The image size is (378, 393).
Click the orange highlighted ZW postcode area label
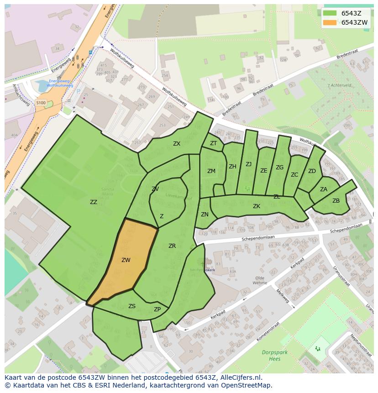[x=126, y=260]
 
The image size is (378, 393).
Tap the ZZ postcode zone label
[x=94, y=202]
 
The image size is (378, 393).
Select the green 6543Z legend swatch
[x=329, y=13]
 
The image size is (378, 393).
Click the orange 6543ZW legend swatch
[x=329, y=22]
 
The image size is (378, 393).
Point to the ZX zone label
[x=177, y=144]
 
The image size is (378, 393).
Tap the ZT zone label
[x=213, y=143]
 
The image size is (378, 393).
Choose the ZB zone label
[x=336, y=201]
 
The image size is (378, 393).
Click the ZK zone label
[x=257, y=206]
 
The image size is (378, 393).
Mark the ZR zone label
[x=172, y=246]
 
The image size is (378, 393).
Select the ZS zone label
[x=132, y=306]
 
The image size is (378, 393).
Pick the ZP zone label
[x=157, y=309]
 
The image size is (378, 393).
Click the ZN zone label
[x=205, y=215]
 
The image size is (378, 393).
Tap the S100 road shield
[x=41, y=103]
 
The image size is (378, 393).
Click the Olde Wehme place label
[x=260, y=280]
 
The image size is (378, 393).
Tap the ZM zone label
[x=211, y=171]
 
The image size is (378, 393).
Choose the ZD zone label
[x=312, y=171]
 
